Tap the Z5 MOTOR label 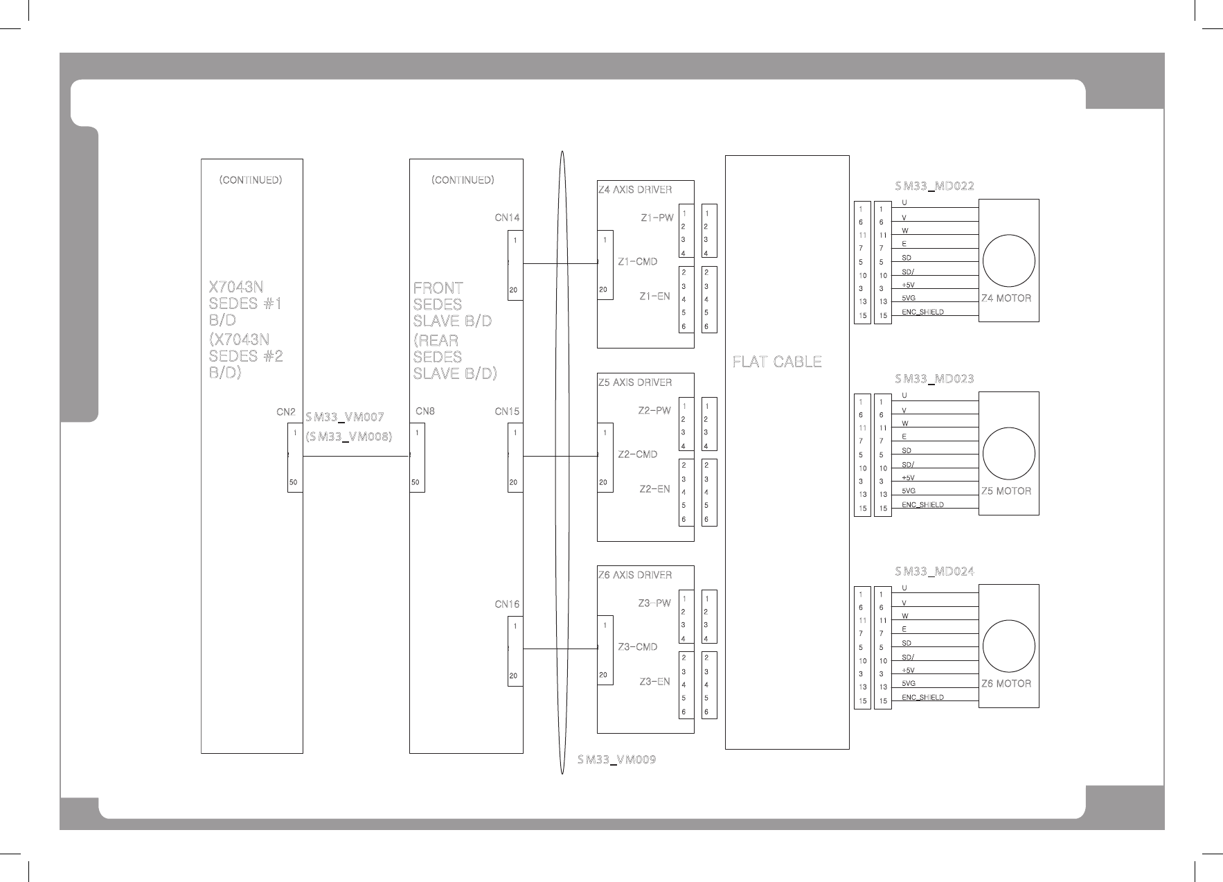pos(1006,491)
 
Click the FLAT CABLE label pos(777,362)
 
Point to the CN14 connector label pos(507,218)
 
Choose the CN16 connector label pos(507,604)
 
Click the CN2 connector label pos(286,412)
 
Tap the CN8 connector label pos(425,412)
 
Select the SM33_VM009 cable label pos(617,760)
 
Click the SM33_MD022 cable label pos(934,186)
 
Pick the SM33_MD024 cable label pos(934,572)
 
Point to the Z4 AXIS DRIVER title pos(635,189)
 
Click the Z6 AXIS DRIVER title pos(635,575)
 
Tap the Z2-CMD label pos(637,455)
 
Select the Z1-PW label pos(657,218)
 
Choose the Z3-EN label pos(654,682)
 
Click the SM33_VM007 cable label pos(344,417)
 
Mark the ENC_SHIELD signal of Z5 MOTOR pos(922,504)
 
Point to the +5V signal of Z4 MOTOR pos(908,285)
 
